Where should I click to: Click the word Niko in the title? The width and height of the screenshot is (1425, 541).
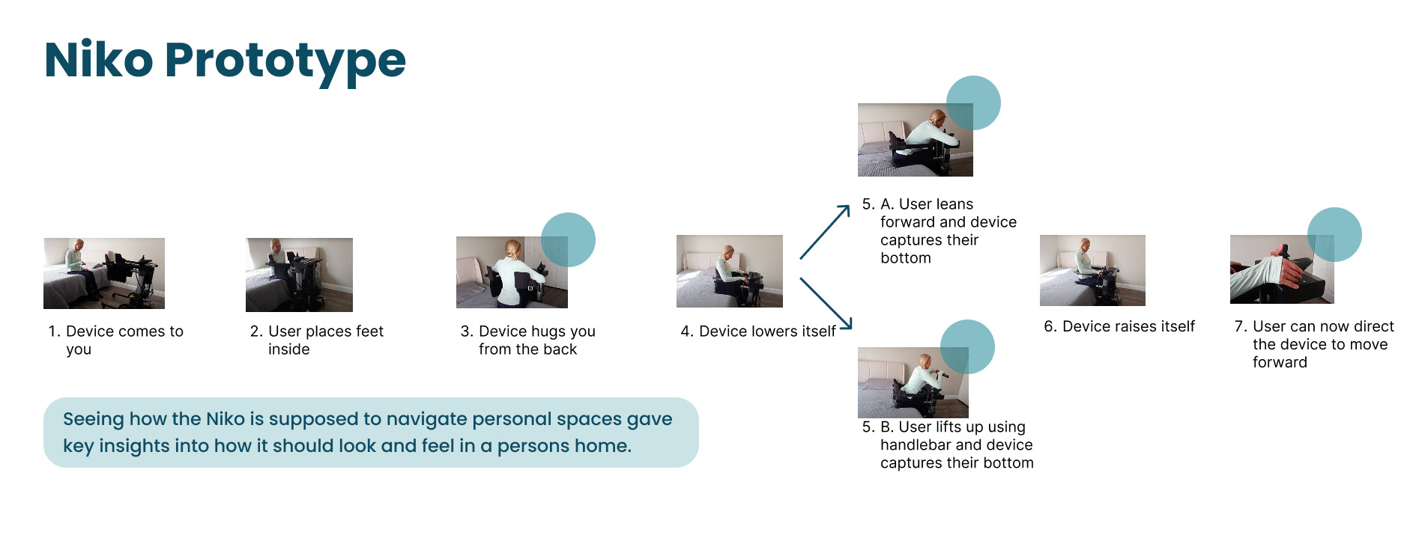98,60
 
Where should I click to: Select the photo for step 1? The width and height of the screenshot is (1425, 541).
104,273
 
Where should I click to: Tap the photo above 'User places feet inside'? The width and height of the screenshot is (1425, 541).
299,275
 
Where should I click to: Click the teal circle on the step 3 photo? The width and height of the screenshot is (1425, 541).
569,239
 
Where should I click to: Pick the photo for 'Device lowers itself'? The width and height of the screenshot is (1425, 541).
729,271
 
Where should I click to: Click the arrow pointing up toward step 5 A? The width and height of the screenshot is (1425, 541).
825,232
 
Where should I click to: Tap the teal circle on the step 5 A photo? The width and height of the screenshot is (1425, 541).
973,103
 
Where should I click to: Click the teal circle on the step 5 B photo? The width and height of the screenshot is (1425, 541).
967,346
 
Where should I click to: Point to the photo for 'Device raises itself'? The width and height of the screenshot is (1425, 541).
1092,270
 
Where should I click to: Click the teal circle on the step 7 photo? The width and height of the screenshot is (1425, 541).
1334,234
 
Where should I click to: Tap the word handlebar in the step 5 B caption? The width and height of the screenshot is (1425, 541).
919,444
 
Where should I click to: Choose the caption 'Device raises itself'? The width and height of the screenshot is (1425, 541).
1119,326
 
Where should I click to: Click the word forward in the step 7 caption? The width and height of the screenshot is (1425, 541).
1280,362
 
